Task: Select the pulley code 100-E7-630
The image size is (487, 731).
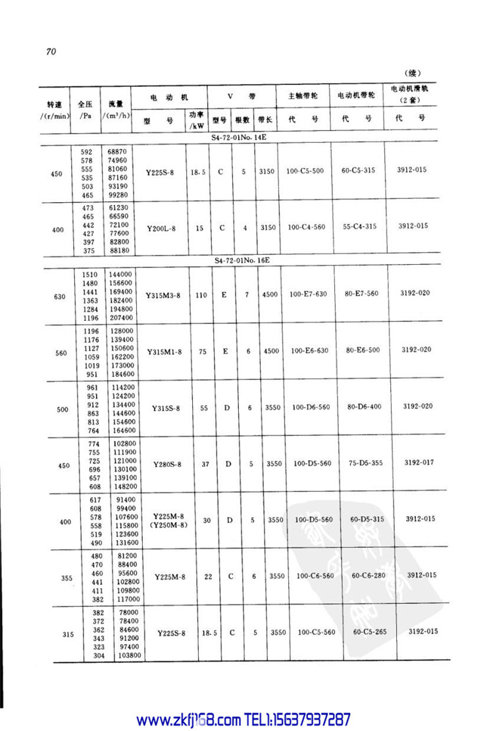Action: click(x=309, y=295)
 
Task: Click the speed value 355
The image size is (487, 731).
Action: click(x=66, y=578)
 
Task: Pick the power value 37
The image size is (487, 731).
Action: click(x=205, y=464)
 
